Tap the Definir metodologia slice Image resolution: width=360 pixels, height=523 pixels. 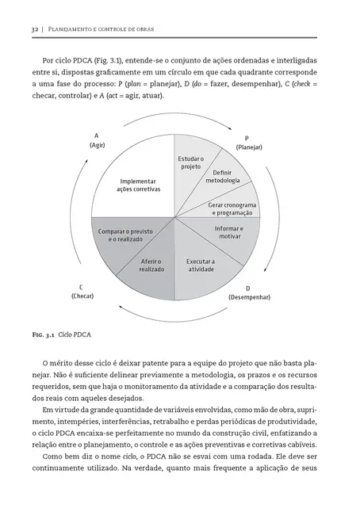221,175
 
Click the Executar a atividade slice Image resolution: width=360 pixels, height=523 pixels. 199,265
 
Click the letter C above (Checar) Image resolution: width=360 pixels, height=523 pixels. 82,286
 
